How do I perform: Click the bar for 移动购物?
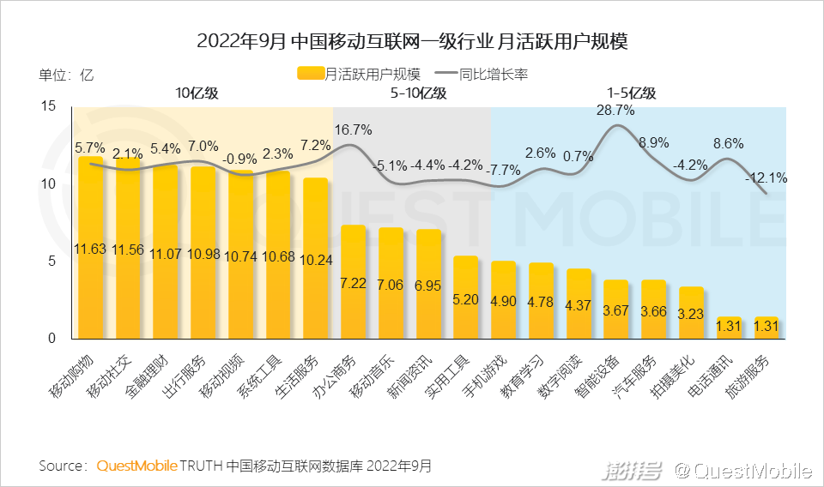pyautogui.click(x=90, y=249)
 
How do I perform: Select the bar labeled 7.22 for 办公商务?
pyautogui.click(x=353, y=283)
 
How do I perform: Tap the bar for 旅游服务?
pyautogui.click(x=766, y=328)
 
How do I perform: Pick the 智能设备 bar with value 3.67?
pyautogui.click(x=615, y=310)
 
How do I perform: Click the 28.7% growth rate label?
pyautogui.click(x=615, y=111)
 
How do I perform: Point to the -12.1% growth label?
pyautogui.click(x=766, y=178)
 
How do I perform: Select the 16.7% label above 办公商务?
pyautogui.click(x=353, y=130)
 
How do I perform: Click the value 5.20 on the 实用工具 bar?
pyautogui.click(x=465, y=300)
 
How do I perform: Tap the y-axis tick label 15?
pyautogui.click(x=48, y=106)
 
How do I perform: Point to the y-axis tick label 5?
pyautogui.click(x=52, y=262)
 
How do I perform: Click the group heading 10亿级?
pyautogui.click(x=197, y=93)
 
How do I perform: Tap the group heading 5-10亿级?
pyautogui.click(x=418, y=93)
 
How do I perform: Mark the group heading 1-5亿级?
pyautogui.click(x=631, y=93)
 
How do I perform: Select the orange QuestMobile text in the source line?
pyautogui.click(x=137, y=466)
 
